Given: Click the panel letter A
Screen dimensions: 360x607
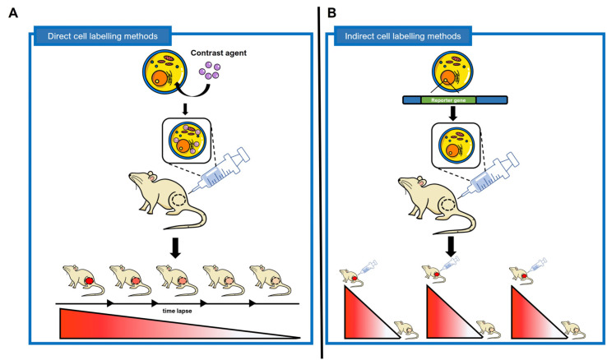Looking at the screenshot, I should (12, 13).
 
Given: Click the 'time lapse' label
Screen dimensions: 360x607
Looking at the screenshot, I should (178, 313).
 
